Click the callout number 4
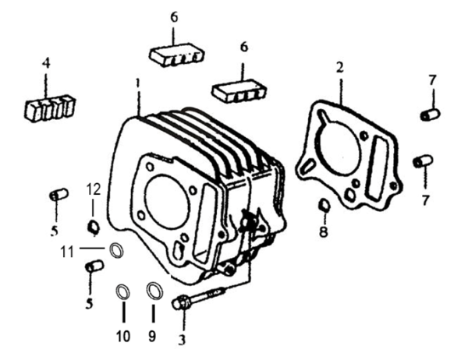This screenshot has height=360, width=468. [46, 63]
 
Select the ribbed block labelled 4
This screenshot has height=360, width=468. [50, 108]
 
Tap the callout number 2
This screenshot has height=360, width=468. [339, 68]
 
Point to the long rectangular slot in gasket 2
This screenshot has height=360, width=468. [378, 168]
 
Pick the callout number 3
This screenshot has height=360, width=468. [182, 340]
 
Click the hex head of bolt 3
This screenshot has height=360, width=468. [181, 303]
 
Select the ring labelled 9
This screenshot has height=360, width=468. [154, 290]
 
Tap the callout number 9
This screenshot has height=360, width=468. [152, 337]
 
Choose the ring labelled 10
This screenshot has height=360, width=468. [122, 292]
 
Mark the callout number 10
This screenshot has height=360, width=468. [123, 337]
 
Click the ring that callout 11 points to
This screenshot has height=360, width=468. [116, 250]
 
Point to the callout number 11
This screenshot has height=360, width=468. [67, 252]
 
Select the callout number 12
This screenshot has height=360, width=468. [94, 189]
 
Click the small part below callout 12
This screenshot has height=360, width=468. [94, 228]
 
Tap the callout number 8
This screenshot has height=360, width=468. [324, 231]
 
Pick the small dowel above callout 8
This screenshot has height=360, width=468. [324, 205]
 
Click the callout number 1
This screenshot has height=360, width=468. [137, 83]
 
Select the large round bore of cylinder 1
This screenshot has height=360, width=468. [167, 203]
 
